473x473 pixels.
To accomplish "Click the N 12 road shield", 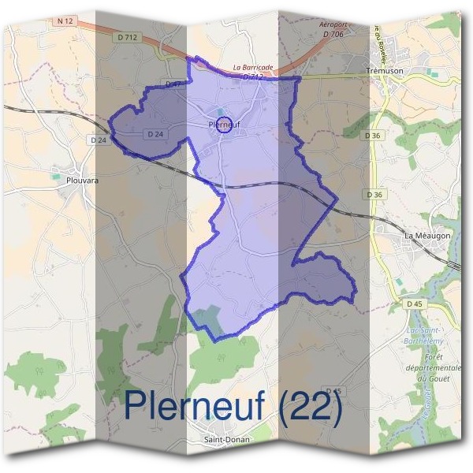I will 65,21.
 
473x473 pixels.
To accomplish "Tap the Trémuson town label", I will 385,71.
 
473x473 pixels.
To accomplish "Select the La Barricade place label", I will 253,68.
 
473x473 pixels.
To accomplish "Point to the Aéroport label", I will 333,25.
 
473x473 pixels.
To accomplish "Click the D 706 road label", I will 333,34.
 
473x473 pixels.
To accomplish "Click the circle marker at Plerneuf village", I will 224,125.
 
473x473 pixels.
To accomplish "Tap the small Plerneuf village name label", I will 225,125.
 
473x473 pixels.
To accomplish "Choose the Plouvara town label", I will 82,180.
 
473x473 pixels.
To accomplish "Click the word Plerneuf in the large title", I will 197,404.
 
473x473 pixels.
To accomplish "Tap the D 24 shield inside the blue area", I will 155,135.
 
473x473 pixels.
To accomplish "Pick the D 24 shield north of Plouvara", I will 99,140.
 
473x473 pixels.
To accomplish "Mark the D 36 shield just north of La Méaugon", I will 374,195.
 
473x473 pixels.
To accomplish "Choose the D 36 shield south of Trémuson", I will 373,136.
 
